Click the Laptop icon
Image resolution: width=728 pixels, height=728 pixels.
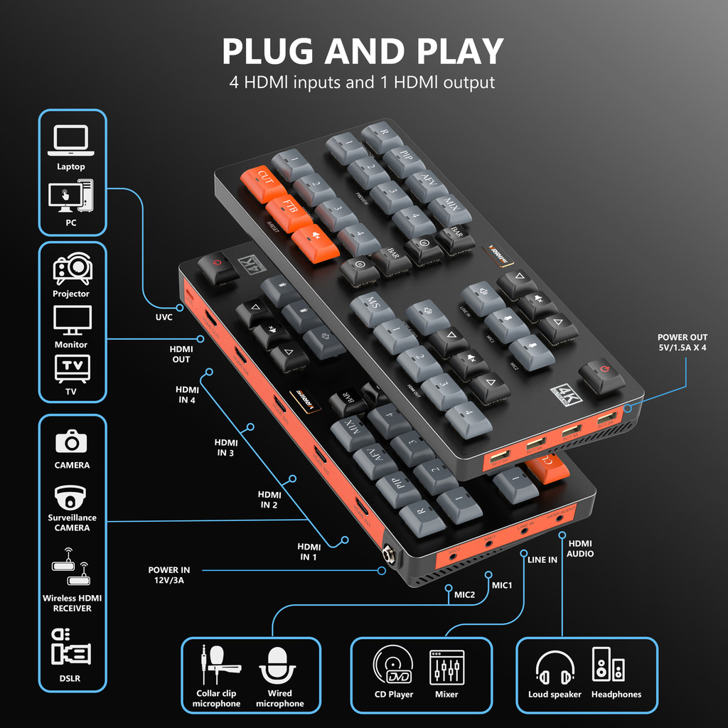(x=71, y=141)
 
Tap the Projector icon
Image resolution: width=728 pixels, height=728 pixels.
(x=72, y=269)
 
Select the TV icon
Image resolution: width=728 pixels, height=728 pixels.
(x=73, y=368)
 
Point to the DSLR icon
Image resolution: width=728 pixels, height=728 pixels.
(x=71, y=647)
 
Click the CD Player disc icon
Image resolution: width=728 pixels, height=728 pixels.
(x=393, y=665)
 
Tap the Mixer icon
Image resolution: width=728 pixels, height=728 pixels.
(x=446, y=667)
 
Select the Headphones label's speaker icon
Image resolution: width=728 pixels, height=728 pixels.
(x=609, y=665)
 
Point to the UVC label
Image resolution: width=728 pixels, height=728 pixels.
(x=164, y=317)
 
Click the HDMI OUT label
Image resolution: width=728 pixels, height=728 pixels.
(x=181, y=354)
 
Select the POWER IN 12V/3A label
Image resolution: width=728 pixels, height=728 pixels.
(x=169, y=575)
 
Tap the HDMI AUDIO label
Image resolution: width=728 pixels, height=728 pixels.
(x=580, y=548)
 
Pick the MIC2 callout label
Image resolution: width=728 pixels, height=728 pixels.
(x=464, y=594)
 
